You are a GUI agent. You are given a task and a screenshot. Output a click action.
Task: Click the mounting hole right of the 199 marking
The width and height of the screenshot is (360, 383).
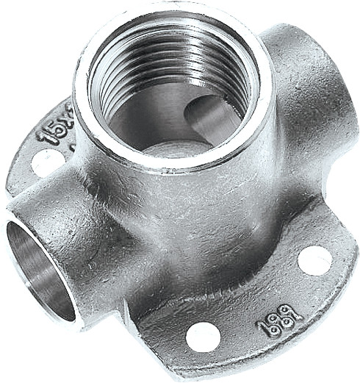pos(315,260)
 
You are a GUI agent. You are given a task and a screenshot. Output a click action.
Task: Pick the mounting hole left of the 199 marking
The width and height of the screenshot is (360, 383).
pos(203,336)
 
